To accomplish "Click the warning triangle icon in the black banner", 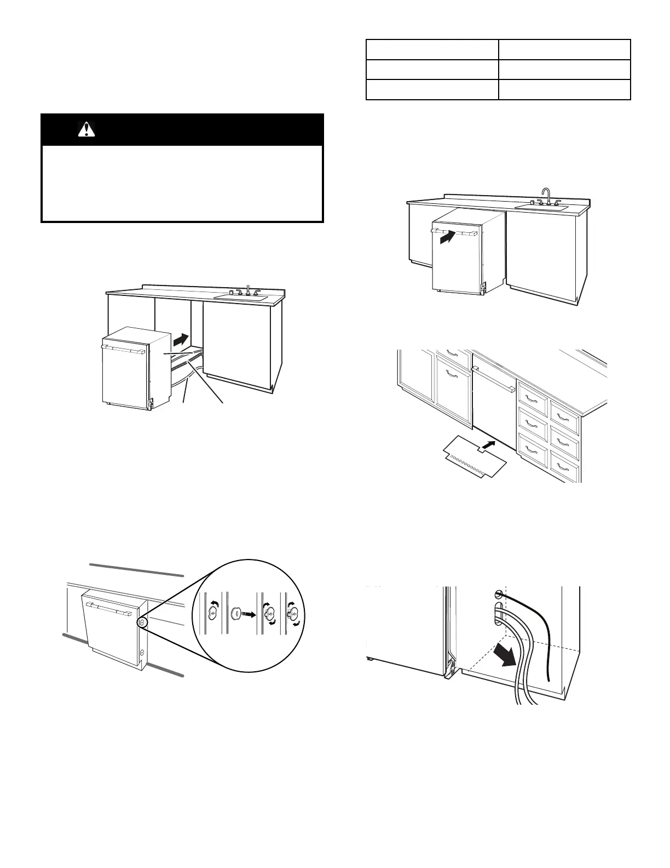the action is [86, 129].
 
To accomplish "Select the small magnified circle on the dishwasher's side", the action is [142, 623].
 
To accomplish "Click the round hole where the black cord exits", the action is [498, 594].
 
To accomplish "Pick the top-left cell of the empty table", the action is [432, 49].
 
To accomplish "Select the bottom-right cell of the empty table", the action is [564, 90].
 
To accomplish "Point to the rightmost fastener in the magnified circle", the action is [293, 613].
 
